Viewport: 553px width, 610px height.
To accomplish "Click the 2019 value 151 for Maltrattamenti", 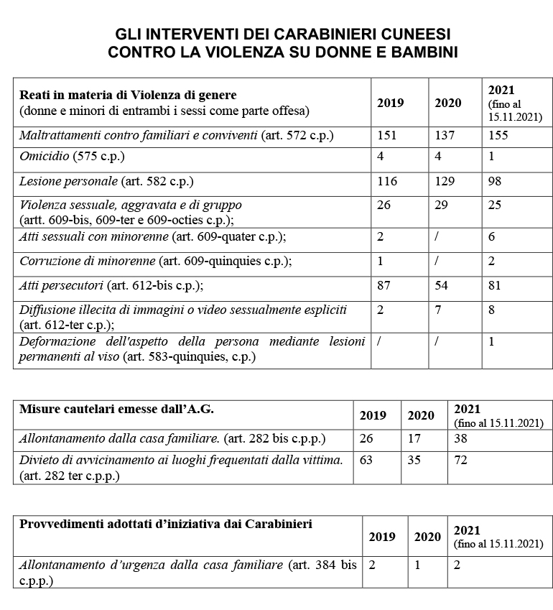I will click(x=387, y=135).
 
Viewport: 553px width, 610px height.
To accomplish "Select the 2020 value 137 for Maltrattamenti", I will click(x=445, y=135).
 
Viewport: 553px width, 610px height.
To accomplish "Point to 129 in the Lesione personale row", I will click(x=445, y=182).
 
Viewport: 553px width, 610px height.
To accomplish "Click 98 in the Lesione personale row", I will click(x=495, y=182).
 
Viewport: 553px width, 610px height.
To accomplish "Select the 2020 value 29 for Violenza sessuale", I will click(x=442, y=205).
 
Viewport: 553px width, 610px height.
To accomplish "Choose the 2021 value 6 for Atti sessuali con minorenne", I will click(x=491, y=236).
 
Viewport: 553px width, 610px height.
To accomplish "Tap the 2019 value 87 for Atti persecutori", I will click(x=384, y=285).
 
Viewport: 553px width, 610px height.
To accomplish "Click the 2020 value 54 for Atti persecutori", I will click(x=442, y=285).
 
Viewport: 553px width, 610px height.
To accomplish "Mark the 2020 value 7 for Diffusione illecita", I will click(x=438, y=310).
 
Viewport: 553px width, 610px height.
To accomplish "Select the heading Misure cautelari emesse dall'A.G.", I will click(x=116, y=409).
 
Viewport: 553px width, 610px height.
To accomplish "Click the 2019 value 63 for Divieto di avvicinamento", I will click(x=366, y=460).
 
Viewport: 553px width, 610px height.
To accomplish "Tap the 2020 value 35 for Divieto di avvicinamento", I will click(x=414, y=460).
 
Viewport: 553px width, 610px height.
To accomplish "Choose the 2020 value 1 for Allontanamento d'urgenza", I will click(x=417, y=565).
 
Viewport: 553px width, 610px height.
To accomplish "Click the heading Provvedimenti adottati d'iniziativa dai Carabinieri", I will click(x=166, y=524).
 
